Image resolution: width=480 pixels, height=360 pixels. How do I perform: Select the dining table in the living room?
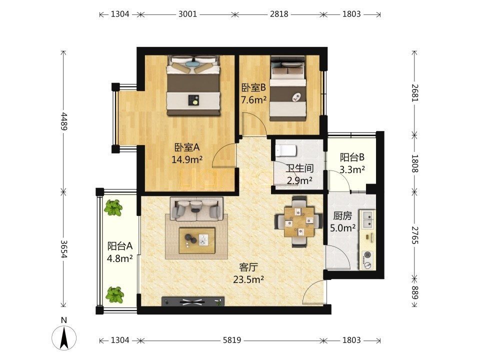(299, 222)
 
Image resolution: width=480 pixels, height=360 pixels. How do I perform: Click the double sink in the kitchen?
(367, 219)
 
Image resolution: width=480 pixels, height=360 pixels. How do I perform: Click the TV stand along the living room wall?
(193, 301)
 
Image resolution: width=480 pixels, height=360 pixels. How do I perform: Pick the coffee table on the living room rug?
(197, 240)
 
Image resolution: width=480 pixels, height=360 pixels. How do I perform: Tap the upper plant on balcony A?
(113, 208)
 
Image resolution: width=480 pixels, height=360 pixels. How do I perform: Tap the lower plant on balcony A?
(114, 294)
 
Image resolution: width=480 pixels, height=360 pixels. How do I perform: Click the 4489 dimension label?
(63, 121)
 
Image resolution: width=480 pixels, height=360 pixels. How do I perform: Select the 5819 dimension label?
(231, 340)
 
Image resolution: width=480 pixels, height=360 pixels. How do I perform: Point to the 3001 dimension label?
(187, 14)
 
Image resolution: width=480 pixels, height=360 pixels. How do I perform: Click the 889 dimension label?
(414, 292)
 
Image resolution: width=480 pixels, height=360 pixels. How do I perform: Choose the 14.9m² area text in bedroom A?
(186, 159)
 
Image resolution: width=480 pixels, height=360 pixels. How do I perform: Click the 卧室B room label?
(253, 88)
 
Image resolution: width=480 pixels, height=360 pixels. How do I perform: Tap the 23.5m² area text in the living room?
(248, 279)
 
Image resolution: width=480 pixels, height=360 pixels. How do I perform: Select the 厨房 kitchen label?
(342, 216)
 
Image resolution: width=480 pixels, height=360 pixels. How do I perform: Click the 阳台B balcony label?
(352, 157)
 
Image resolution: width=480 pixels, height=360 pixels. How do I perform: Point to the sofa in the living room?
(196, 209)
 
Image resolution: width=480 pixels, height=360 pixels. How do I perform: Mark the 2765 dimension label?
(414, 235)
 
